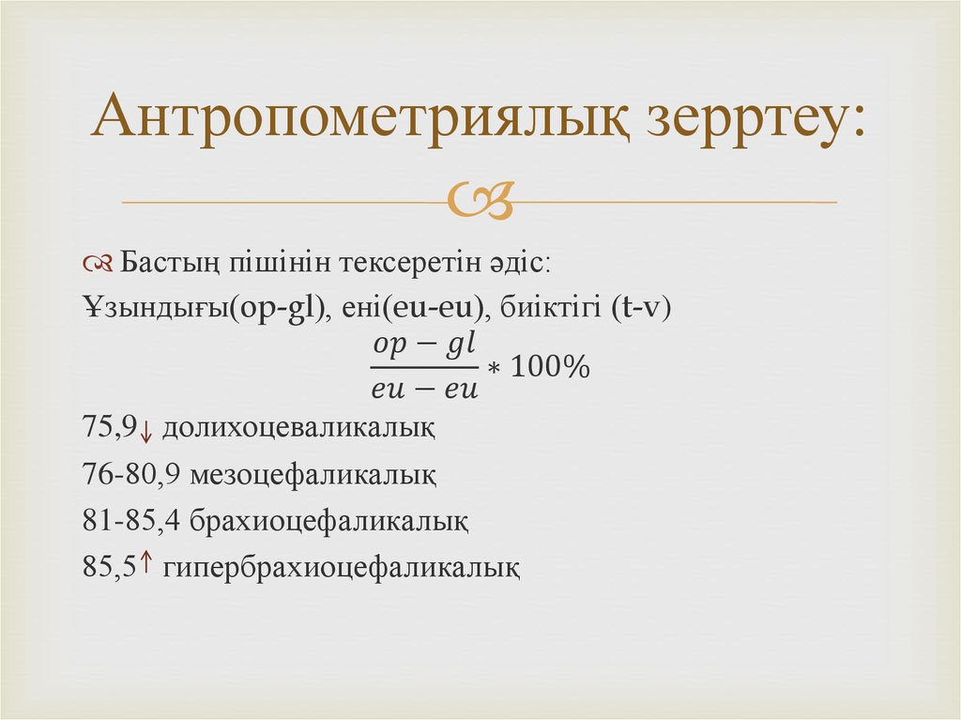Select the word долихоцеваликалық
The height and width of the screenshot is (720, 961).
[x=298, y=429]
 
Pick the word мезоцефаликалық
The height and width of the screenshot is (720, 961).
[x=313, y=476]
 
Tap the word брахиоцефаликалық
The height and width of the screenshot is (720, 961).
[x=328, y=521]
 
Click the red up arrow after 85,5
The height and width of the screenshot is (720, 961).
[x=146, y=562]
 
